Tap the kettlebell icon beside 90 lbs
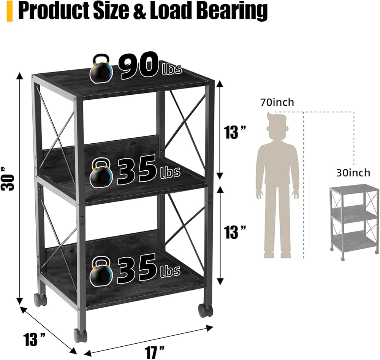(x=101, y=68)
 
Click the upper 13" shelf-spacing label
(x=235, y=132)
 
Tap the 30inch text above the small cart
(x=353, y=173)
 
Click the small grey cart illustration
(x=353, y=220)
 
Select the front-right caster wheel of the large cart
(x=206, y=310)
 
